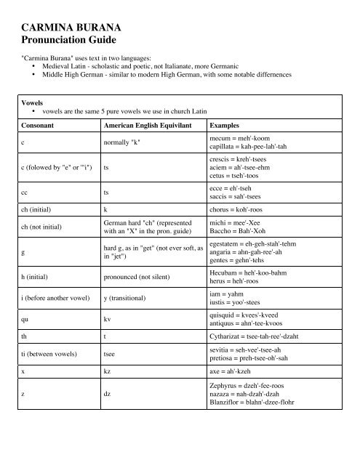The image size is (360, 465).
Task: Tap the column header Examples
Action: pos(228,124)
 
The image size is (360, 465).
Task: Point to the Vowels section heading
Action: pos(36,103)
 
